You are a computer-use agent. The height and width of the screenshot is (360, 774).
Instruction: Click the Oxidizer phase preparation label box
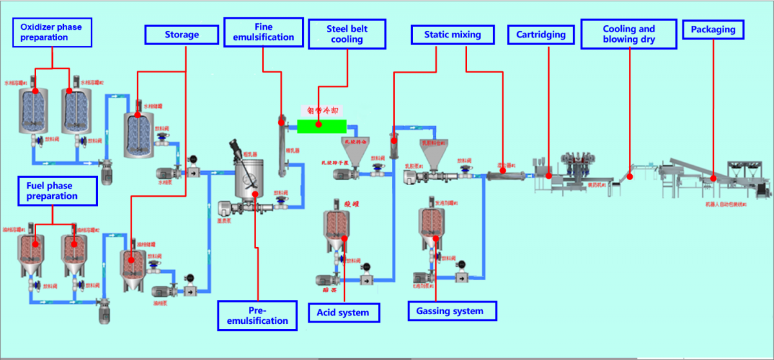click(52, 32)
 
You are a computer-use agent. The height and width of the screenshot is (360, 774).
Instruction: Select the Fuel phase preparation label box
click(57, 190)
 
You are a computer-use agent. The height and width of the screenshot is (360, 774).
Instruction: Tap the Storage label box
click(181, 35)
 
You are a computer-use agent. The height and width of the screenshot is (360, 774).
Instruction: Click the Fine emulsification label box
click(263, 32)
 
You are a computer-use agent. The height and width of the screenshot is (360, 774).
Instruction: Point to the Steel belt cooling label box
click(347, 34)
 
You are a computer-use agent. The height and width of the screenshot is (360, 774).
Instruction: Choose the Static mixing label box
click(452, 35)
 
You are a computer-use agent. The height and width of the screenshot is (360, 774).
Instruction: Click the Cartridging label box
click(541, 35)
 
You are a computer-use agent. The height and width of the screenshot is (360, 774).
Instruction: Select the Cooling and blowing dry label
click(629, 34)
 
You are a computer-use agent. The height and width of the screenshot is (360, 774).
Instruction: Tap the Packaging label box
click(713, 30)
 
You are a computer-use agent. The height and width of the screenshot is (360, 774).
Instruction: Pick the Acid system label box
click(343, 313)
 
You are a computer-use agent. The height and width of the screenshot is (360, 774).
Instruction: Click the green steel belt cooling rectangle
click(321, 125)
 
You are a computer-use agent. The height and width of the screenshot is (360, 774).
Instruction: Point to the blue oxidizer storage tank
click(139, 132)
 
